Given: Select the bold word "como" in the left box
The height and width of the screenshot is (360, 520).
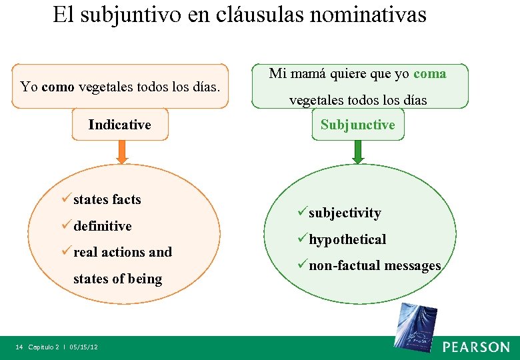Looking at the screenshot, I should pos(57,87).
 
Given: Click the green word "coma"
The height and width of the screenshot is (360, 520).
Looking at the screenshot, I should pos(430,74).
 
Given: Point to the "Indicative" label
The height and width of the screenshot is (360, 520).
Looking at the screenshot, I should pos(120,125).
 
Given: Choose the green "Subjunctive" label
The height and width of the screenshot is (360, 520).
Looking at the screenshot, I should pos(358,125).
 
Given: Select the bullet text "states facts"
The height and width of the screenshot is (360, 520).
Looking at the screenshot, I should pos(107,199).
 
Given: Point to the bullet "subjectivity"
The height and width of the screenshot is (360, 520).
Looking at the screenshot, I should pos(344,213).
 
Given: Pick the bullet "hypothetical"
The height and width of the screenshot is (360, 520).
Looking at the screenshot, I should pos(347,239).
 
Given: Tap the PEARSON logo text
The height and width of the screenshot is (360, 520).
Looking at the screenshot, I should pos(476,347).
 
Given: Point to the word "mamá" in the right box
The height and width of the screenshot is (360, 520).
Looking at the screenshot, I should pos(308,74).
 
